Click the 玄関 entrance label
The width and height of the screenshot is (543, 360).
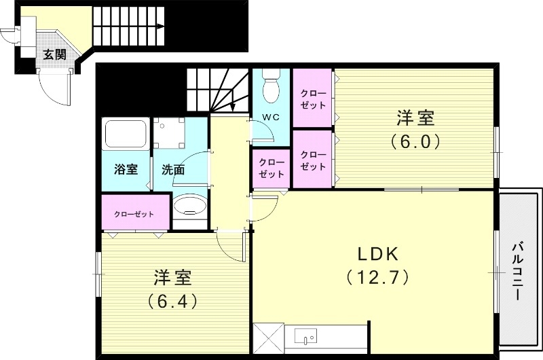tap(54, 55)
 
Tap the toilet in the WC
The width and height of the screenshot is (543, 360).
tap(271, 86)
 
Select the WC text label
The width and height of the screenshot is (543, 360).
tap(271, 117)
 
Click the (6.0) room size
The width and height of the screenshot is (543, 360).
tap(415, 142)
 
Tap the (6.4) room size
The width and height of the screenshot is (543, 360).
tap(172, 300)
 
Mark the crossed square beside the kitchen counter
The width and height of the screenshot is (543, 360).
tap(267, 338)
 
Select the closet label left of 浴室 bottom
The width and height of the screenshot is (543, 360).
tap(134, 214)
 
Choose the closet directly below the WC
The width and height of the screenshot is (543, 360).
tap(271, 168)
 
